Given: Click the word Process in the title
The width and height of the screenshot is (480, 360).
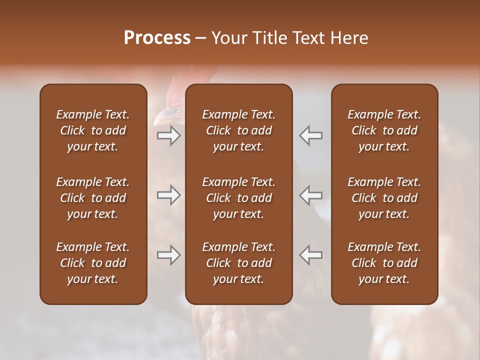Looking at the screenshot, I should coord(157,38).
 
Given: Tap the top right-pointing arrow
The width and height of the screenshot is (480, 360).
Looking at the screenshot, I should coord(168,135).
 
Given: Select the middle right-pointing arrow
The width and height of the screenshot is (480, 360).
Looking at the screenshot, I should coord(168,195).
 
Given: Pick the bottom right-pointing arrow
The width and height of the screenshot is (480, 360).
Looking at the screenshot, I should coord(168,255).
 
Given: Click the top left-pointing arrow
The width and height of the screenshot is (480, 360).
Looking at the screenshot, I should coord(311,135).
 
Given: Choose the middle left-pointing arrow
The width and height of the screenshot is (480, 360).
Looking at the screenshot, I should coord(311,195).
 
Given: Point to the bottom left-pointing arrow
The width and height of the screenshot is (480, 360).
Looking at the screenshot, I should coord(311,255).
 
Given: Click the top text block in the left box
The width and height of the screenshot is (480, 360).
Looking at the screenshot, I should coord(93,130).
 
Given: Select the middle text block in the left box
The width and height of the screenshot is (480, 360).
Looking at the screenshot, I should coord(93,198).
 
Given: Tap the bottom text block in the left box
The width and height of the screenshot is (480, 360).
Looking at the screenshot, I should coord(93,263).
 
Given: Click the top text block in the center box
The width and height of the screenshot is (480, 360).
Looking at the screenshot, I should coord(238,130).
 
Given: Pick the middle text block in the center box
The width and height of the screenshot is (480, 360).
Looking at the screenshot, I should coord(238,198).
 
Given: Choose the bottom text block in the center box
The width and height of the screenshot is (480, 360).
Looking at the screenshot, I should coord(238,263).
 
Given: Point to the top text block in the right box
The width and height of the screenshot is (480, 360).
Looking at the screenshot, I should coord(384,130).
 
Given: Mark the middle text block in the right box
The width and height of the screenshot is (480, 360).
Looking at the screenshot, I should coord(384,198).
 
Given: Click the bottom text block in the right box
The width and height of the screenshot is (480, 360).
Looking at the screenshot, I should coord(384,263).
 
